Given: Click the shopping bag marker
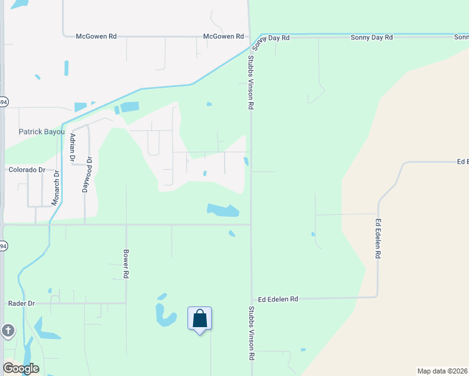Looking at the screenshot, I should tap(199, 319).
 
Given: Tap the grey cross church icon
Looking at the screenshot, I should tap(7, 330).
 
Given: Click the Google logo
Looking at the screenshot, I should tap(21, 368).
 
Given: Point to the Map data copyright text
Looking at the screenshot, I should tap(442, 371).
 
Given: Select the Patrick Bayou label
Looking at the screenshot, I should tap(42, 132).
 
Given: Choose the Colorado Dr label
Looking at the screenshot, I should tap(26, 170).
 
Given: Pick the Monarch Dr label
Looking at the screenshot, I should tap(56, 188).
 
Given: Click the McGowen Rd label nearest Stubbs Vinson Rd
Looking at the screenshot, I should tap(223, 37).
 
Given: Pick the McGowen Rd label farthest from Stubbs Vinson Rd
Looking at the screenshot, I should tap(96, 37).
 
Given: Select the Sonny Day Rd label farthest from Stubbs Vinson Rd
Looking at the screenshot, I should tap(371, 38).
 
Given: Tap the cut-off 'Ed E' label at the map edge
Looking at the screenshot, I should tap(463, 162).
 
